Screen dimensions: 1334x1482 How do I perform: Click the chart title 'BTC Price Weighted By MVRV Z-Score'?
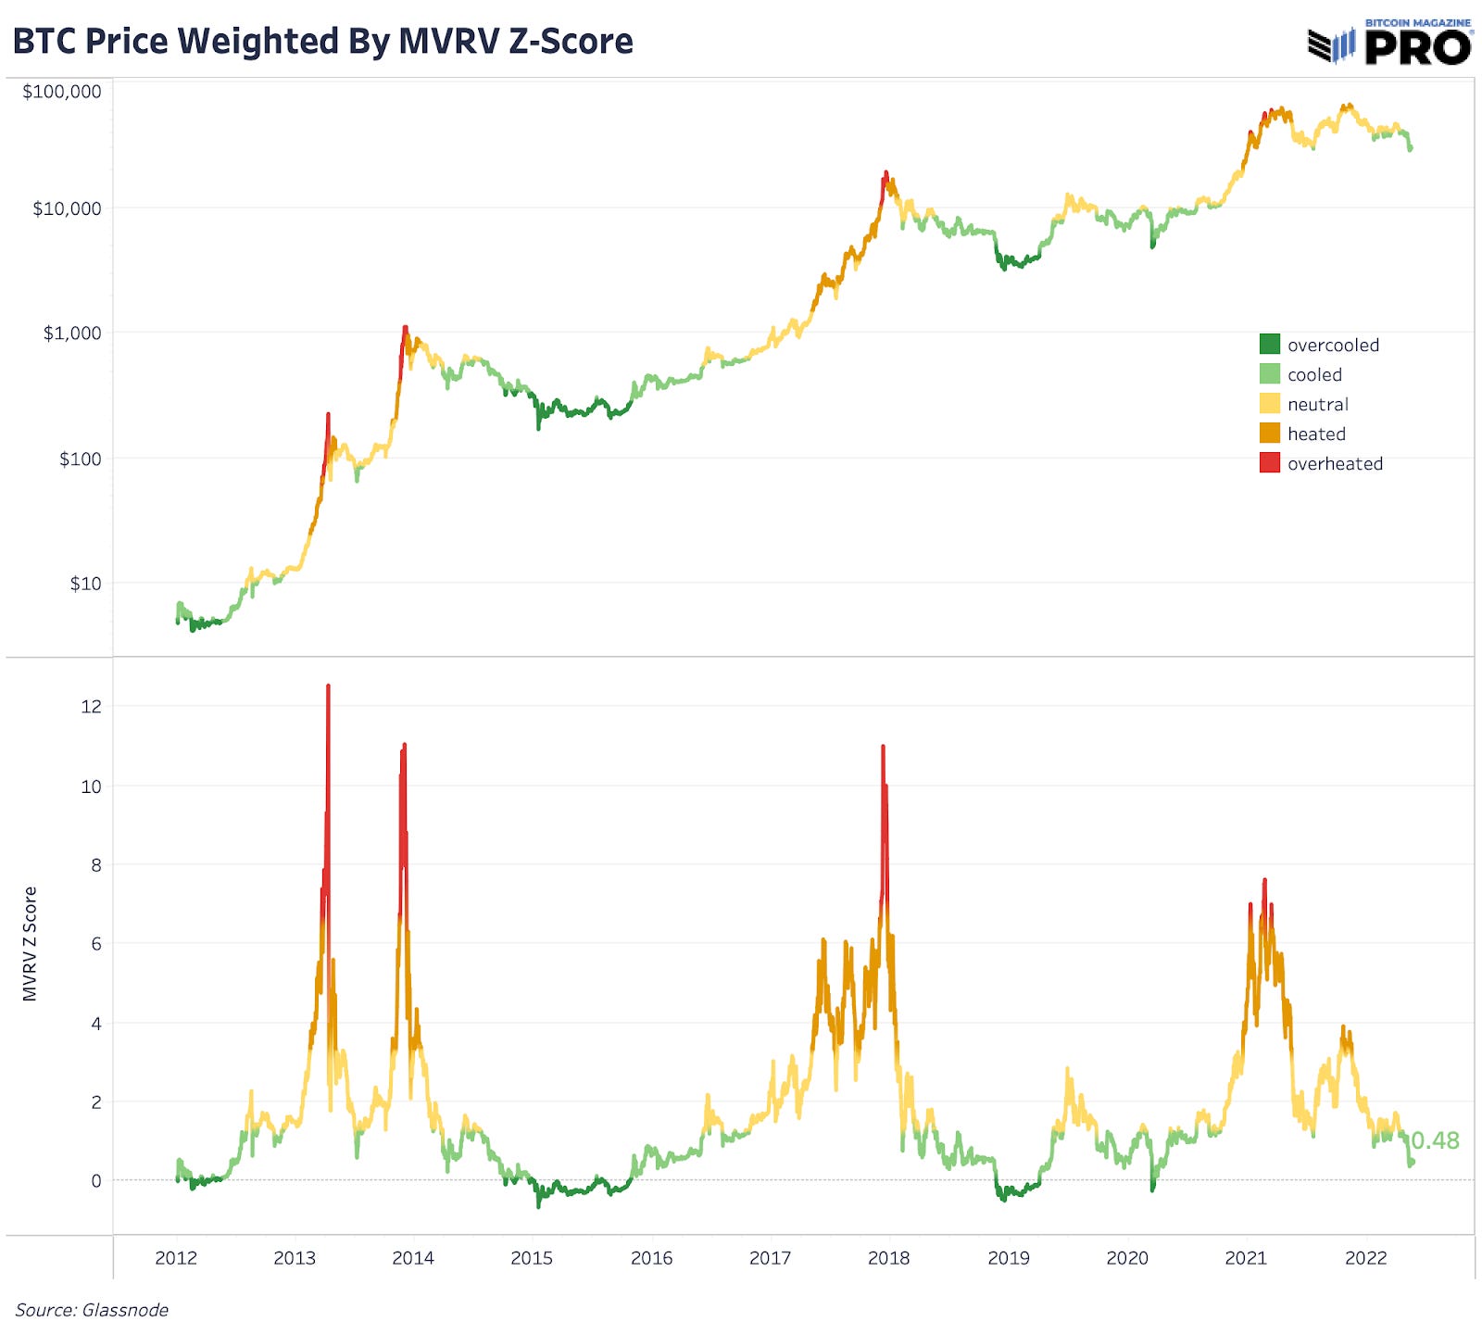coord(322,42)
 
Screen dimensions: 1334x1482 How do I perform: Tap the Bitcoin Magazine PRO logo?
coord(1389,43)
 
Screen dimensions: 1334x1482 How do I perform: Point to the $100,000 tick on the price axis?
coord(62,92)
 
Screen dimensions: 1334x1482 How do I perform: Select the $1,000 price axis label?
coord(72,333)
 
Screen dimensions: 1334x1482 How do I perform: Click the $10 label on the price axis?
coord(85,584)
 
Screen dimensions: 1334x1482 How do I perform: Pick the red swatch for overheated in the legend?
coord(1269,463)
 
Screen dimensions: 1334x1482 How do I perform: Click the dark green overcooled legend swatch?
coord(1269,345)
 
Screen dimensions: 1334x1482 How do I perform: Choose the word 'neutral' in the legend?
coord(1317,404)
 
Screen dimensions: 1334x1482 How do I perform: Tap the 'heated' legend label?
coord(1315,434)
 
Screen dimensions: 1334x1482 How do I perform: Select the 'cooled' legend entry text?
coord(1313,374)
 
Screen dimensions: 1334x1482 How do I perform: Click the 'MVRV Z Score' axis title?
coord(30,943)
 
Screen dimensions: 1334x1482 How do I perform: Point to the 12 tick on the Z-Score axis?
coord(91,707)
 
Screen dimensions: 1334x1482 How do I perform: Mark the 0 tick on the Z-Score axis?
coord(95,1181)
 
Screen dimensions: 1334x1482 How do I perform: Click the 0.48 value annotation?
coord(1435,1140)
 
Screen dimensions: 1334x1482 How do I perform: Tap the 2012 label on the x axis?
coord(176,1258)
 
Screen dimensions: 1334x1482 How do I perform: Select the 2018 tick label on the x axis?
coord(888,1258)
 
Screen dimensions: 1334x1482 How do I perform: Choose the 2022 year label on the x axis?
coord(1365,1258)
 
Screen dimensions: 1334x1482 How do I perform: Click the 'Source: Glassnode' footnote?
coord(92,1310)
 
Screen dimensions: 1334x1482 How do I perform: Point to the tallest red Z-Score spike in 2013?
coord(328,690)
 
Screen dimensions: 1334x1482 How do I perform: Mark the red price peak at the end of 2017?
coord(885,175)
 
